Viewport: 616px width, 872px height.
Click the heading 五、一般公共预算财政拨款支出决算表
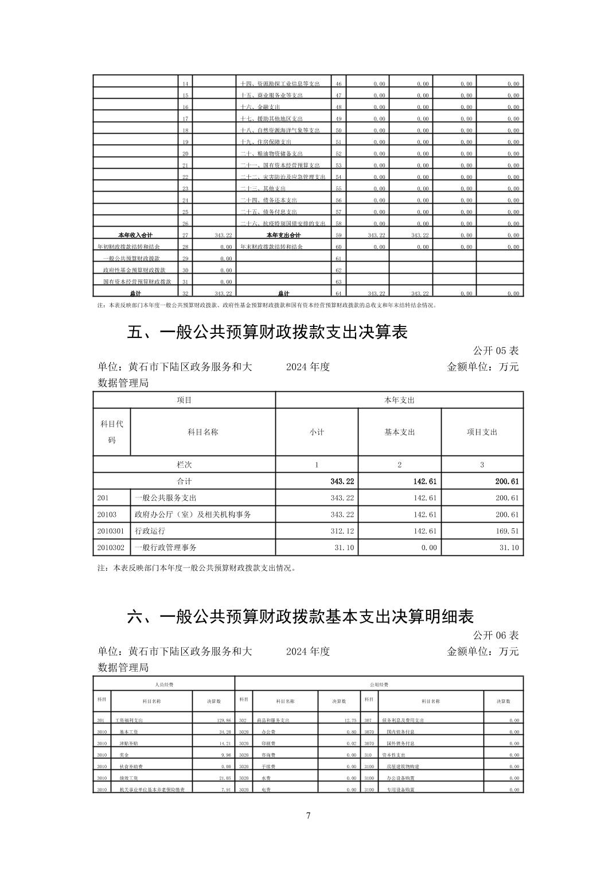[267, 332]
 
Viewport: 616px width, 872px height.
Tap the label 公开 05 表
[496, 351]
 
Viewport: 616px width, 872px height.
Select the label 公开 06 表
[496, 635]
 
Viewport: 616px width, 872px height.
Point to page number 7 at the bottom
[308, 815]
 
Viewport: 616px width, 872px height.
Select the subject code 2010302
[111, 548]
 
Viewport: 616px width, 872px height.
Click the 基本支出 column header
[399, 432]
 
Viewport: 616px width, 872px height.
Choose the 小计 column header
[317, 432]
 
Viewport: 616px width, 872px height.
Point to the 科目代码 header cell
[112, 432]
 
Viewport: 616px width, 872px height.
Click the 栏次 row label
[184, 465]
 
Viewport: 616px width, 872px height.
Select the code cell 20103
[107, 515]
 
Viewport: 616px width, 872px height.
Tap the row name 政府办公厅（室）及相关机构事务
[193, 515]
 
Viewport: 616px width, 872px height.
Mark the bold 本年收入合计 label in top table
[135, 235]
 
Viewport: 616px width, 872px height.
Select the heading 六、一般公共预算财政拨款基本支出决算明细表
[300, 617]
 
